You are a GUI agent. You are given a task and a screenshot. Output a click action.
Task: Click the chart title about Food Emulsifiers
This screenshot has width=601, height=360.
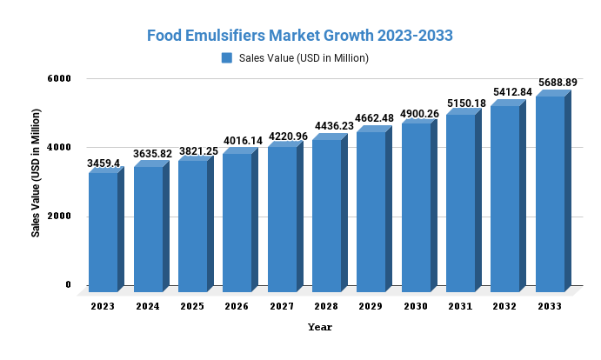click(299, 36)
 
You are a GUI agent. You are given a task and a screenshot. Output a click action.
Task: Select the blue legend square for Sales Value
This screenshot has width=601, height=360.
click(227, 58)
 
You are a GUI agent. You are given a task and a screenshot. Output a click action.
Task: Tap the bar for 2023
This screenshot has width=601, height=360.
click(104, 231)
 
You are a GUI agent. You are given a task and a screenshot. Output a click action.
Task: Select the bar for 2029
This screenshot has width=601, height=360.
click(371, 210)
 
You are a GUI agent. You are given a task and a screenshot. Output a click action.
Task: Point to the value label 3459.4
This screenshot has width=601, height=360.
click(104, 163)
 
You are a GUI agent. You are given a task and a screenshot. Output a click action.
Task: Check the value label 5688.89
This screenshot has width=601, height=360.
click(557, 83)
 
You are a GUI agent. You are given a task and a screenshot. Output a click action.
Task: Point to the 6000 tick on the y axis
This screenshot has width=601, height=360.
click(59, 78)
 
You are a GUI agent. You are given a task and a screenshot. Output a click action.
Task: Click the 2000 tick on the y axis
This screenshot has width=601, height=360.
click(59, 217)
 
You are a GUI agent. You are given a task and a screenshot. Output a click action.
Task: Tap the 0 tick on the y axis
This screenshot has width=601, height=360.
click(68, 285)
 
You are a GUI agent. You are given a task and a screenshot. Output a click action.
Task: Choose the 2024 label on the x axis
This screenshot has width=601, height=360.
click(148, 306)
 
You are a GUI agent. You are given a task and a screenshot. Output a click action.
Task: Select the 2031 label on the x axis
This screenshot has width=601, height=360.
click(460, 306)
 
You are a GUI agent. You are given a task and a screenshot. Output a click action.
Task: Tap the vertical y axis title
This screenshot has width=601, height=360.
click(36, 173)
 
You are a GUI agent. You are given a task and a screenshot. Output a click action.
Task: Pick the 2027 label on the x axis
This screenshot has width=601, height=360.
click(282, 306)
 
